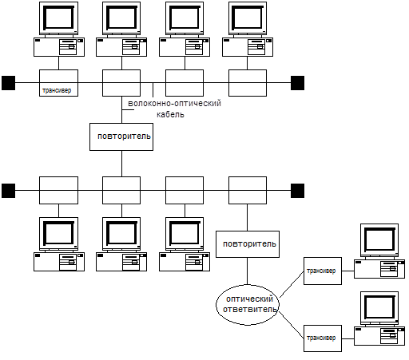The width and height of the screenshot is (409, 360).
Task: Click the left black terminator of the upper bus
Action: click(8, 83)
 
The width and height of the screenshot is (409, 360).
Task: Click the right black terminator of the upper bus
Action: click(297, 83)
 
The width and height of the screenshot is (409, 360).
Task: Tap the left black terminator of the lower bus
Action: click(8, 191)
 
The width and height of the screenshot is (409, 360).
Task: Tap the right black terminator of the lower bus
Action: click(297, 191)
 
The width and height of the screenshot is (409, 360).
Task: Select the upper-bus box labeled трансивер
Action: click(58, 83)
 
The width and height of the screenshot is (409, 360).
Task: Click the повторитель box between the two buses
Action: click(121, 136)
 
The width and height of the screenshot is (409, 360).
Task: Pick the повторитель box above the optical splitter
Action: click(248, 244)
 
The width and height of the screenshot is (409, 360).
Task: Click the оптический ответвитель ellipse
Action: click(248, 305)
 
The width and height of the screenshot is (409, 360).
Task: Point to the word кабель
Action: click(170, 115)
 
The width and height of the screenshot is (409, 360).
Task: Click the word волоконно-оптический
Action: click(175, 103)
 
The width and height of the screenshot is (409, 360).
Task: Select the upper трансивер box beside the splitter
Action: click(323, 271)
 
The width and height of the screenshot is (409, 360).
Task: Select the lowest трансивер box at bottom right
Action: click(323, 338)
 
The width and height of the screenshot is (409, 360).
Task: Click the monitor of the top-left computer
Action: click(58, 18)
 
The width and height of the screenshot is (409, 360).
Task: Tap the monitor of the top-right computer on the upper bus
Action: click(248, 18)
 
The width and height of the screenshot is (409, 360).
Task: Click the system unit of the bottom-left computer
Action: click(59, 262)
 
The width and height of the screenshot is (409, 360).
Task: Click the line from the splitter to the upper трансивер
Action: click(292, 284)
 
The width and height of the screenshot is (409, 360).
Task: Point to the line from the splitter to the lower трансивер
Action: click(292, 325)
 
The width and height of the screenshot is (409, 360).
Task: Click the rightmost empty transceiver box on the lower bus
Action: click(248, 191)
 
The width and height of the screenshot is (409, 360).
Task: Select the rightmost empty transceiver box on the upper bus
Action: click(248, 83)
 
